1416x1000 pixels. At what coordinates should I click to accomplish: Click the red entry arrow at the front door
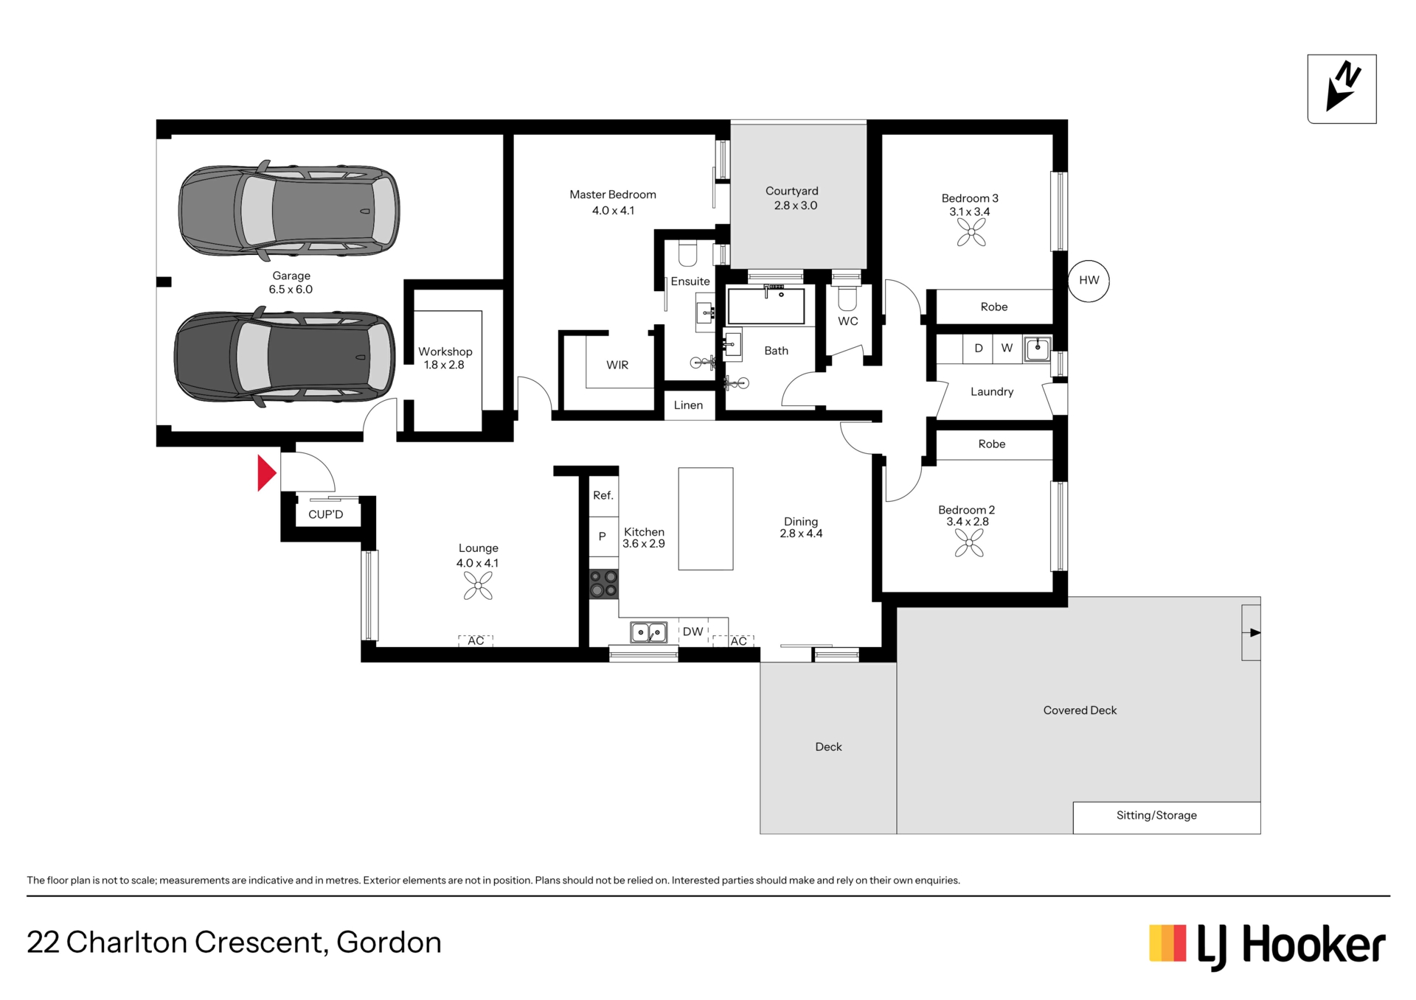(x=266, y=473)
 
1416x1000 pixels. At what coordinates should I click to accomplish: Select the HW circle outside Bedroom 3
(x=1089, y=281)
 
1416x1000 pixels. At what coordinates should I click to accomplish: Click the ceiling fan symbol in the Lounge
(x=478, y=586)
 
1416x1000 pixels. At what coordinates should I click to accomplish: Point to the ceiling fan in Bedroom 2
(x=969, y=543)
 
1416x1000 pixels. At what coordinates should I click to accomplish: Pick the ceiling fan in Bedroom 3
(x=971, y=232)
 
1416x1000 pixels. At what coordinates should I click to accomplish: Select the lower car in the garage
(x=285, y=357)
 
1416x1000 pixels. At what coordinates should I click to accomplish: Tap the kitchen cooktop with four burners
(x=603, y=584)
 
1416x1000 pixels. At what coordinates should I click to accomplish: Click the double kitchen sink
(x=648, y=632)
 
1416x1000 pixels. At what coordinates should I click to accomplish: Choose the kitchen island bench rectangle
(x=706, y=519)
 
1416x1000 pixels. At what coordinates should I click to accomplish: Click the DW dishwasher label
(x=693, y=632)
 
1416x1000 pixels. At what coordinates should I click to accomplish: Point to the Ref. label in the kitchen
(x=603, y=495)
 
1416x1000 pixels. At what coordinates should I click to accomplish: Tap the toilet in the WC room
(x=847, y=298)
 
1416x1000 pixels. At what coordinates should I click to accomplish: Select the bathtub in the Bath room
(x=766, y=306)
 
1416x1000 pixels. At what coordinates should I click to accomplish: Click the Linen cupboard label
(x=688, y=405)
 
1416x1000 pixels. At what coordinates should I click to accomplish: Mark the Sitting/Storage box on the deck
(x=1167, y=817)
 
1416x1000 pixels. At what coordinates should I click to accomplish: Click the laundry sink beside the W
(x=1037, y=349)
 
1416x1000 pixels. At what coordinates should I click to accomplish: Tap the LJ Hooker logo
(x=1267, y=946)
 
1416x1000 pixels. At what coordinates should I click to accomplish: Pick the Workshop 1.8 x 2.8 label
(x=445, y=358)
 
